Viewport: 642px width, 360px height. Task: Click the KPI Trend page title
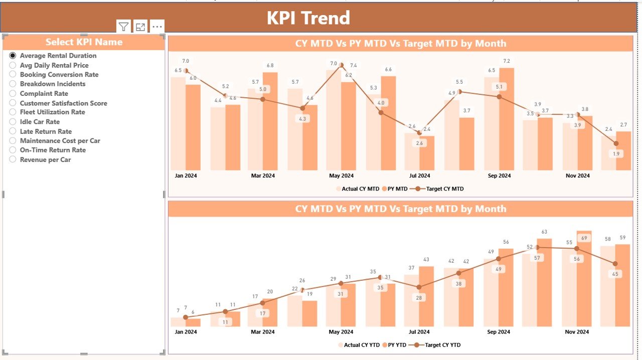308,18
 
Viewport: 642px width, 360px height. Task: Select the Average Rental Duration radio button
13,56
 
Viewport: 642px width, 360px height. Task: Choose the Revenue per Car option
13,159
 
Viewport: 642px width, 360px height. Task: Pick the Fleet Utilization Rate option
13,112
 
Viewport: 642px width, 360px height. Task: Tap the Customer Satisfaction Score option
13,103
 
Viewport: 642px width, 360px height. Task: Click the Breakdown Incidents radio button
13,84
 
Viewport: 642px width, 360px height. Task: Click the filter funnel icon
123,27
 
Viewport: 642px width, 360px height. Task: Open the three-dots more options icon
157,27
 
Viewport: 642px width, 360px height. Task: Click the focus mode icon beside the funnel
140,27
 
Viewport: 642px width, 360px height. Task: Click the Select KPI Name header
84,42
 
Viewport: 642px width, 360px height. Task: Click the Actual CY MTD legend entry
360,189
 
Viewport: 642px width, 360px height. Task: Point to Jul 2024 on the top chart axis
419,176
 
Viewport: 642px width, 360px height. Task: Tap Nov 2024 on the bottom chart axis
577,332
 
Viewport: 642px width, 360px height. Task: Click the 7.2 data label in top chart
507,61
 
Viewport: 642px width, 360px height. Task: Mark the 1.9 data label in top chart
616,154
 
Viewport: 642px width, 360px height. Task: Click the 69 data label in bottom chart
583,238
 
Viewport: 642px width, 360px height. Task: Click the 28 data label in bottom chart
419,298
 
